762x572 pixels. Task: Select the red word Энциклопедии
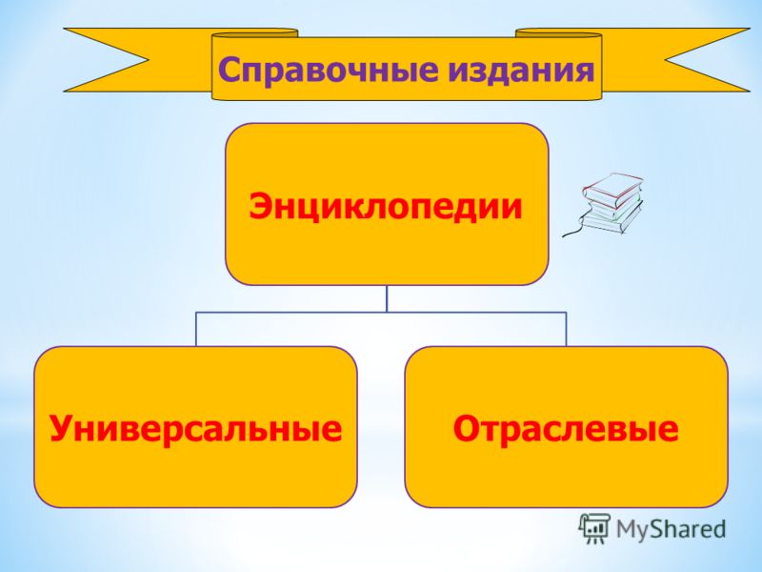click(x=386, y=206)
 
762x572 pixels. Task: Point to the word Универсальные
click(x=195, y=428)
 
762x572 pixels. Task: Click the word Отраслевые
click(x=566, y=428)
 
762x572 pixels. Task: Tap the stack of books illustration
click(x=605, y=204)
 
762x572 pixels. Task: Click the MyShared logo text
click(x=671, y=529)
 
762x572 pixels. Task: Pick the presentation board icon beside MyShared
click(x=594, y=528)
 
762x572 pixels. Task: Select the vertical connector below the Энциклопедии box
click(x=387, y=298)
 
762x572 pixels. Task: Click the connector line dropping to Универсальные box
click(x=196, y=329)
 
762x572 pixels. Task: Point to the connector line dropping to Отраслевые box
click(x=566, y=329)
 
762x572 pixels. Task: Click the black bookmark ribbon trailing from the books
click(x=573, y=230)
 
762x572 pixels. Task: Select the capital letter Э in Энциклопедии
click(x=259, y=206)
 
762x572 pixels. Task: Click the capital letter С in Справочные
click(x=231, y=69)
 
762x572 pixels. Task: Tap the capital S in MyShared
click(x=659, y=529)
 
